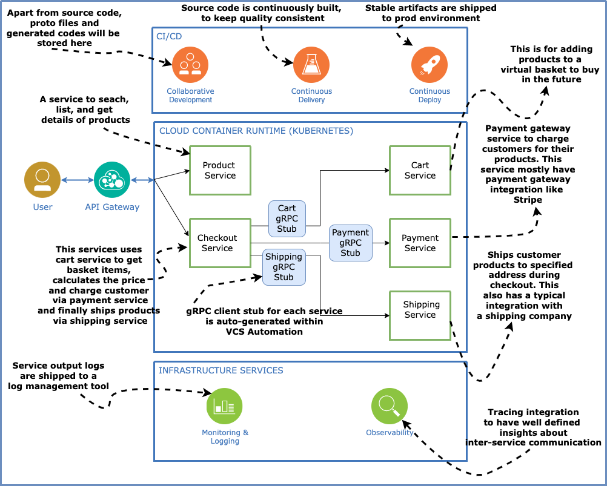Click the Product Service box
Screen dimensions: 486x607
coord(219,170)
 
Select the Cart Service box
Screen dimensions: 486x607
coord(420,170)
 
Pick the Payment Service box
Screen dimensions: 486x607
coord(420,243)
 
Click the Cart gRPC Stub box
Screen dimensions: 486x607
coord(287,218)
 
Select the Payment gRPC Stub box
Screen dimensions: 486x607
coord(350,243)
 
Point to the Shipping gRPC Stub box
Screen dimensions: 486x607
coord(284,267)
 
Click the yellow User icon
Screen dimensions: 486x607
coord(42,180)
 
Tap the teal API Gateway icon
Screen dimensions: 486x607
coord(112,180)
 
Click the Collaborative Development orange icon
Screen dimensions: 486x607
coord(190,65)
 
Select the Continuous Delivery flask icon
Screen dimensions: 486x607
coord(311,65)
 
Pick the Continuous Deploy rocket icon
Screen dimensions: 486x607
coord(430,65)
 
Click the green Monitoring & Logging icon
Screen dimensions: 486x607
coord(224,406)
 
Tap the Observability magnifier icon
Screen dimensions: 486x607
coord(390,406)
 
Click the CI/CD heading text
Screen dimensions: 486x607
coord(169,36)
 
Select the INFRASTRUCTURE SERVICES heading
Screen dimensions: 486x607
coord(221,370)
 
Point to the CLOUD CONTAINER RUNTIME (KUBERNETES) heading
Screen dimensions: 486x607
coord(256,130)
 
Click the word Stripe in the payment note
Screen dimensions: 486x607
coord(528,200)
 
